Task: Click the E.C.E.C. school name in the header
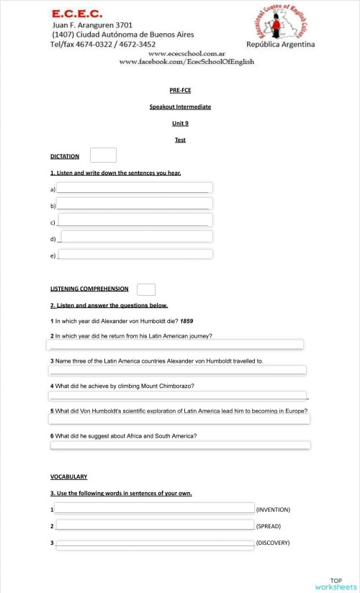(76, 13)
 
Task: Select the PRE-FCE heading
(180, 90)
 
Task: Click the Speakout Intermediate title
(180, 107)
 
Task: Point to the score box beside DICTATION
(103, 155)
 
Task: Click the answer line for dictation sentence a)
(135, 188)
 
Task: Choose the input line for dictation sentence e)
(135, 254)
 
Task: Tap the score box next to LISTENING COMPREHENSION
(146, 289)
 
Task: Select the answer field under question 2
(176, 345)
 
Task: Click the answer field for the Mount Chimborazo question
(178, 395)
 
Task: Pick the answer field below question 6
(180, 445)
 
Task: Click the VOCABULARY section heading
(68, 476)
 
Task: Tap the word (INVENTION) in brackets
(273, 510)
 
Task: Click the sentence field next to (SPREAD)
(156, 525)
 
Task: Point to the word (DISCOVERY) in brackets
(273, 543)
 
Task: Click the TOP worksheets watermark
(336, 584)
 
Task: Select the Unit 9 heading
(180, 123)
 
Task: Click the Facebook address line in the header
(186, 62)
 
